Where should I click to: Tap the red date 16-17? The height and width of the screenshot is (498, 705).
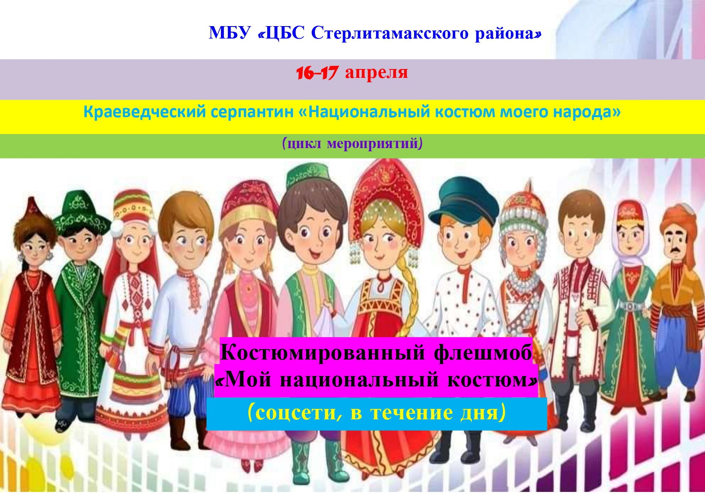317,73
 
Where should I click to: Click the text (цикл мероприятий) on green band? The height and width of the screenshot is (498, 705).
352,143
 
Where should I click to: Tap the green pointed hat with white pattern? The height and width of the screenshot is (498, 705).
82,213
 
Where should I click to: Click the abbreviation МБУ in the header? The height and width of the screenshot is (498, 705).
230,33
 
